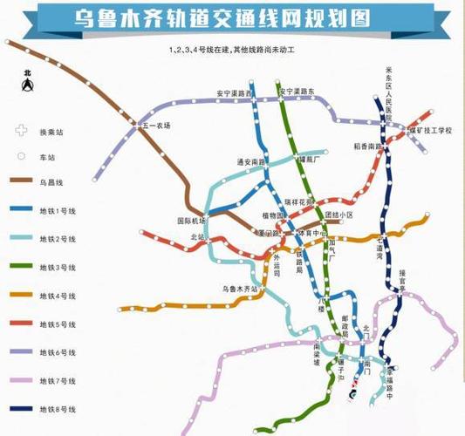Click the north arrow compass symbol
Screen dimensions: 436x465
(x=28, y=84)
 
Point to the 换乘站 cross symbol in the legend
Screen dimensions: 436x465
(x=21, y=132)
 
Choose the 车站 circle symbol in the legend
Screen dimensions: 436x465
(x=21, y=157)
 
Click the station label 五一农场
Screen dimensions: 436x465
(x=156, y=126)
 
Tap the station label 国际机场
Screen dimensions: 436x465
(x=189, y=220)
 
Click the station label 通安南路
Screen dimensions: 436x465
(x=251, y=161)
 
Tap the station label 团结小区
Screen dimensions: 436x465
(x=338, y=215)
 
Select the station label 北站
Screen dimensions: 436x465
(x=197, y=235)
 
